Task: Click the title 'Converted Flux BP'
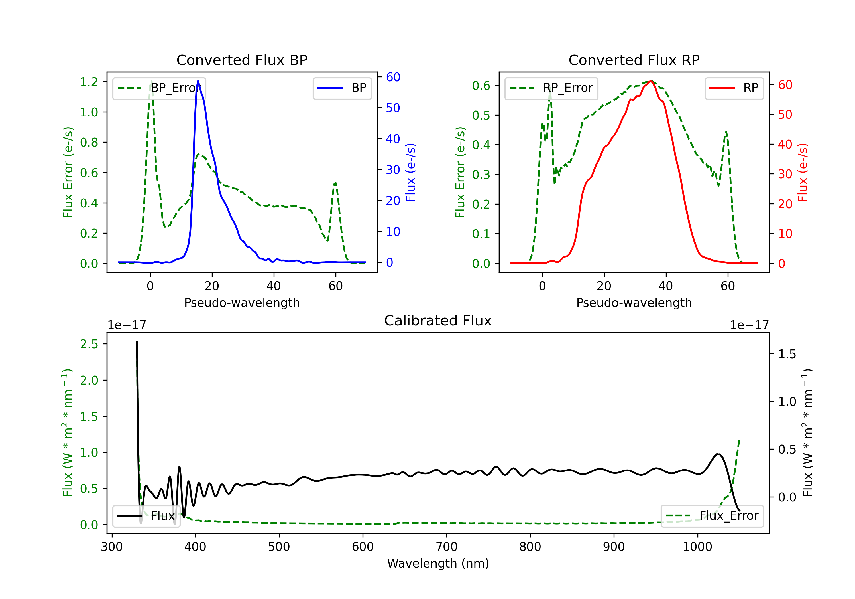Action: (x=242, y=60)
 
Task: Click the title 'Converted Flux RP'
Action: (x=634, y=60)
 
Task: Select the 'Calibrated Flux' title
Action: (x=438, y=321)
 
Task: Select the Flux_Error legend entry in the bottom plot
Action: (x=712, y=516)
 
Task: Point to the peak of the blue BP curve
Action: (x=198, y=81)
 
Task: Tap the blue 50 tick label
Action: (x=393, y=108)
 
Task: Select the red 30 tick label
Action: (x=785, y=174)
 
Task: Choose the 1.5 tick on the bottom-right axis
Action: (x=787, y=354)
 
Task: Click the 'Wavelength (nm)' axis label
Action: (x=438, y=563)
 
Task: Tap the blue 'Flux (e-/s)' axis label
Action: (x=410, y=173)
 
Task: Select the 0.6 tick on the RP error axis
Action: (x=481, y=86)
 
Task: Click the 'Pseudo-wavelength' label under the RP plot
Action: (x=634, y=303)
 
